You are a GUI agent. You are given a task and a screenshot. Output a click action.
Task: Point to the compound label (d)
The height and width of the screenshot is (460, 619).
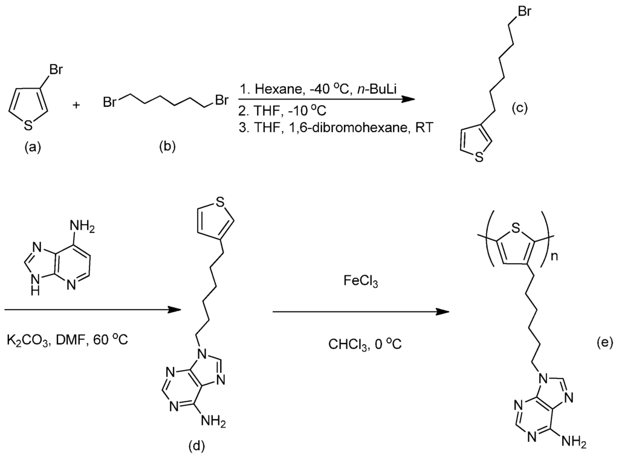(196, 446)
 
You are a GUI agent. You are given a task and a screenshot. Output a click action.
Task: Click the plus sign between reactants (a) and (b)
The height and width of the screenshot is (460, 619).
(77, 104)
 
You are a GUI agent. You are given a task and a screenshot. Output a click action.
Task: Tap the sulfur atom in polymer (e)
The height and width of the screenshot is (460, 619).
(515, 229)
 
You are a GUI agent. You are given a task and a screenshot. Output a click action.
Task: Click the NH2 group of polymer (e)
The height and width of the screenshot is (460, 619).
(574, 444)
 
